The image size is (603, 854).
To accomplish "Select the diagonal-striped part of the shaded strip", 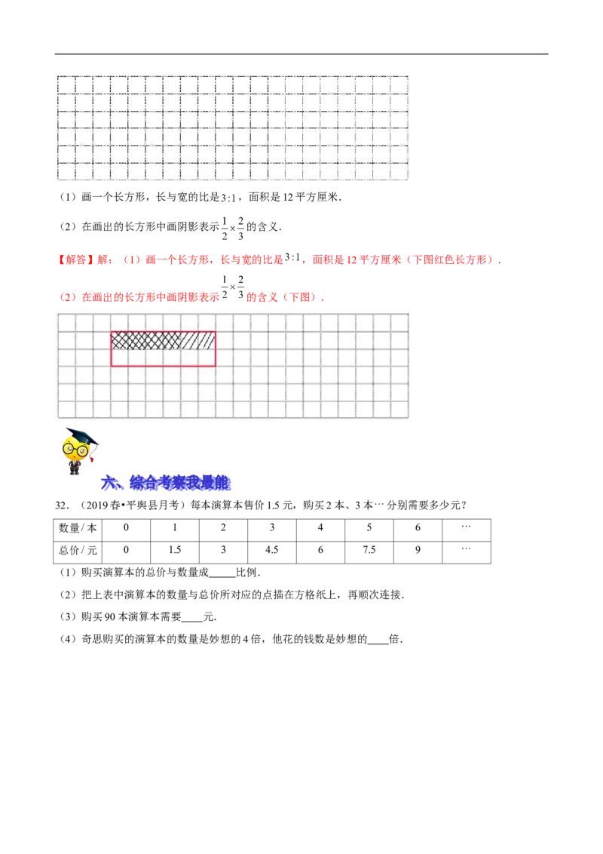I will [200, 341].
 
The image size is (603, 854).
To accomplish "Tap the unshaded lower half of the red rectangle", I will [163, 358].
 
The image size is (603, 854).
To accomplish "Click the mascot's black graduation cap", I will [80, 435].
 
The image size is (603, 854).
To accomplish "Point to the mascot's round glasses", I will [75, 450].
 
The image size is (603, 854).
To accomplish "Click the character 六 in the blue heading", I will [110, 484].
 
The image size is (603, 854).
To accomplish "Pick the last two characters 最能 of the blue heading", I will [215, 484].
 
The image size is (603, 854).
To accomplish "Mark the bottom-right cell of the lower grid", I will [399, 410].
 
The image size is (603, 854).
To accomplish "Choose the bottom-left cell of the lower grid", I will [67, 410].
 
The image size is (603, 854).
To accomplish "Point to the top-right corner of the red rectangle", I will [215, 332].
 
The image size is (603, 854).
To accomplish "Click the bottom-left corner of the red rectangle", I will [112, 366].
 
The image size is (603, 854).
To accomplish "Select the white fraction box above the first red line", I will [232, 229].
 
